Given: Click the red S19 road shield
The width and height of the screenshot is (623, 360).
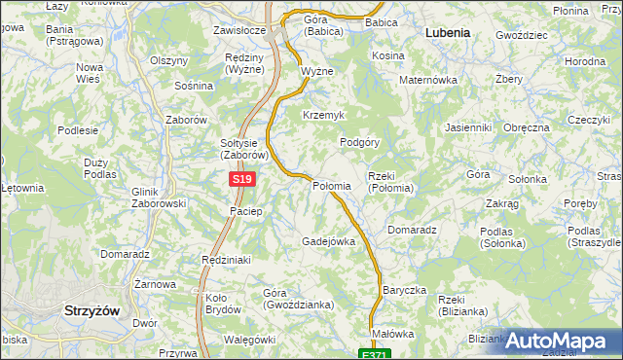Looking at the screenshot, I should tap(243, 180).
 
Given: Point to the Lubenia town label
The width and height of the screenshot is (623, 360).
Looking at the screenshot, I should tap(448, 32).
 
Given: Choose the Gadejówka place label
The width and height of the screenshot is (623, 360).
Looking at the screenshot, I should tap(328, 240).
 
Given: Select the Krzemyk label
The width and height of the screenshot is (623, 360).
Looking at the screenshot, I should tap(324, 115).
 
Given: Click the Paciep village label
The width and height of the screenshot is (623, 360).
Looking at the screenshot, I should tap(245, 211).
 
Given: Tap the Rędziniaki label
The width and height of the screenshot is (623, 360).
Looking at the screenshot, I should tap(226, 260).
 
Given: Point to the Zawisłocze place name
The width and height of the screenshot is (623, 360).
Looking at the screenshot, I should tap(239, 30).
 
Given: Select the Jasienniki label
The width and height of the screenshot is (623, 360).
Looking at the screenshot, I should tap(467, 127).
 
